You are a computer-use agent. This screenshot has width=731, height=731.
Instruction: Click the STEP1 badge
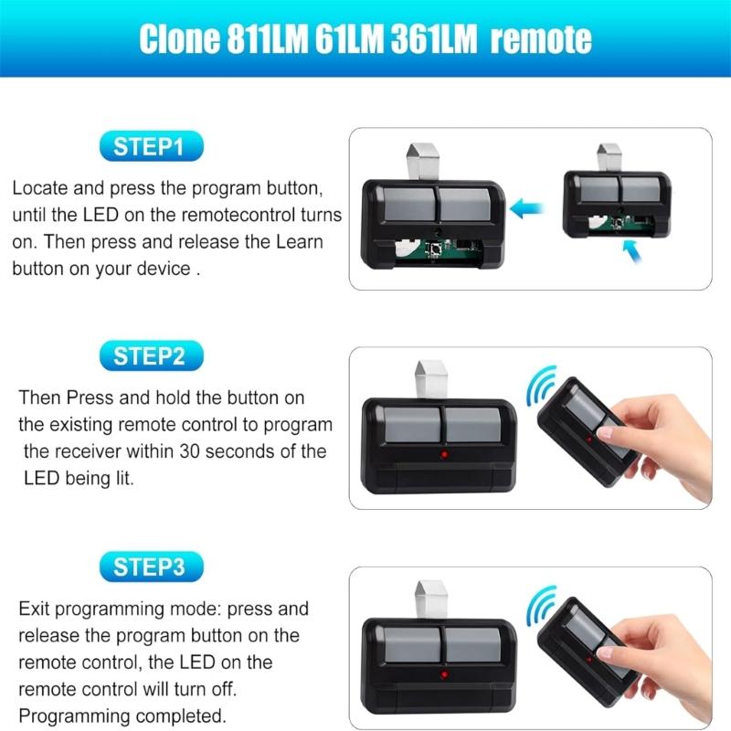[152, 146]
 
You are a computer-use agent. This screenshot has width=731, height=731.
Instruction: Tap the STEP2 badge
[152, 356]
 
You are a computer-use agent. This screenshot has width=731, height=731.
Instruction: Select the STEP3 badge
[152, 567]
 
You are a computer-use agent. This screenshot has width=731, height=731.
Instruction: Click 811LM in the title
[268, 38]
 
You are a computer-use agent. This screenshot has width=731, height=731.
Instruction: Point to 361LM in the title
[433, 38]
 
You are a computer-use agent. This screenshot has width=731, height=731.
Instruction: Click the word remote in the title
[541, 39]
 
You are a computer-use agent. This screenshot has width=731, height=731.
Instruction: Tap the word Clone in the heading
[179, 38]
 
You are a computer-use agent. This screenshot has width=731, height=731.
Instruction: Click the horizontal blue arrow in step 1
[527, 208]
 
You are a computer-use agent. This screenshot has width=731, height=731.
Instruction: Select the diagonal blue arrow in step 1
[632, 250]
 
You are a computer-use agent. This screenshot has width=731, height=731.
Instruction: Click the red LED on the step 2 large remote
[444, 453]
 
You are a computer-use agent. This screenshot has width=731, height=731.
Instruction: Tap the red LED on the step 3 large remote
[444, 674]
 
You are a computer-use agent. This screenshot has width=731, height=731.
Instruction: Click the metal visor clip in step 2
[431, 380]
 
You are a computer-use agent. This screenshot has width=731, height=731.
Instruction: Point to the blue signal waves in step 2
[542, 386]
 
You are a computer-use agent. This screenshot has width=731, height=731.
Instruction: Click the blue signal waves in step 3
[542, 606]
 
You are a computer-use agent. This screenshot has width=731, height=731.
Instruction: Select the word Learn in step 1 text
[300, 241]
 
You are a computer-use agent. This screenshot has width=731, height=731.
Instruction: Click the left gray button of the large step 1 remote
[408, 204]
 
